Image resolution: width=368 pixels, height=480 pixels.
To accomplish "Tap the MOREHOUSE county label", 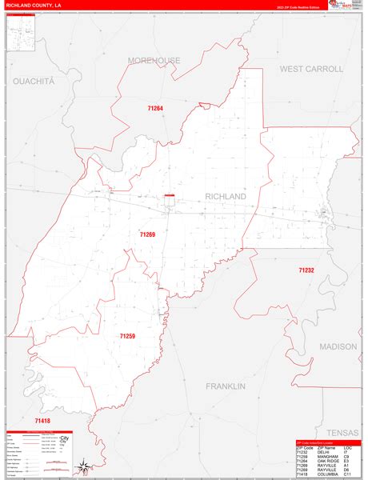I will (x=154, y=61).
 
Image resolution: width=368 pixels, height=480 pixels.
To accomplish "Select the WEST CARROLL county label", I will (x=311, y=70).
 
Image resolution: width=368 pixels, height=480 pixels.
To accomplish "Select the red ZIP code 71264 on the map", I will (x=155, y=108).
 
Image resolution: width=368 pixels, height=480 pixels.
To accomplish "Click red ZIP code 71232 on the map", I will (x=306, y=271).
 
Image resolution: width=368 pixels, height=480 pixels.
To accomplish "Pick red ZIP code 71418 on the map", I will (x=42, y=421).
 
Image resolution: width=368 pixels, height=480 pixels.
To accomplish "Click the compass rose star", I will (x=82, y=466).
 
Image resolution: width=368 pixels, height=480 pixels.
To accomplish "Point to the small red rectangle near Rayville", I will (x=170, y=195).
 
